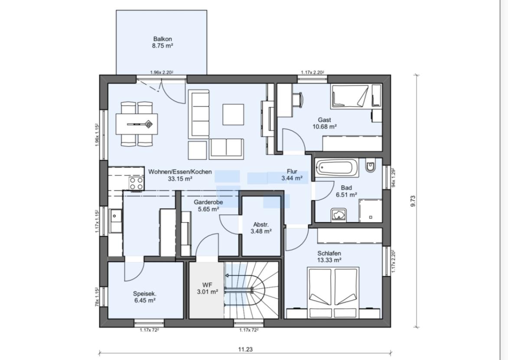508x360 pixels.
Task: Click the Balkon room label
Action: (163, 39)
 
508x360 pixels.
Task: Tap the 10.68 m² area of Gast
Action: (324, 127)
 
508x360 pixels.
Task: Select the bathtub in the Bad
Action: (337, 168)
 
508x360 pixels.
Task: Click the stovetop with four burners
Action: (137, 183)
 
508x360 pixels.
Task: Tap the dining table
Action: (137, 124)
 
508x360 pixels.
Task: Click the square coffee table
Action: (233, 114)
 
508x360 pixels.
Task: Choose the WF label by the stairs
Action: (207, 285)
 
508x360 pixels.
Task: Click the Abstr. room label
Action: (261, 224)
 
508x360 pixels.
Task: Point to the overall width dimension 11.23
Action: (245, 349)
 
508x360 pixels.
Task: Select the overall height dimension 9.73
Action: (413, 201)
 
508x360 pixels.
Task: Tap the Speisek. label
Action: (145, 294)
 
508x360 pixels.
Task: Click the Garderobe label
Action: (208, 202)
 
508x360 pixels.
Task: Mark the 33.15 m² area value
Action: (180, 178)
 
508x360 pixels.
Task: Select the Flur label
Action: (292, 172)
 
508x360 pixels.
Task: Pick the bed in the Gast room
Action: (349, 96)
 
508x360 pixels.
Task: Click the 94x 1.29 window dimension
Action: (393, 177)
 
